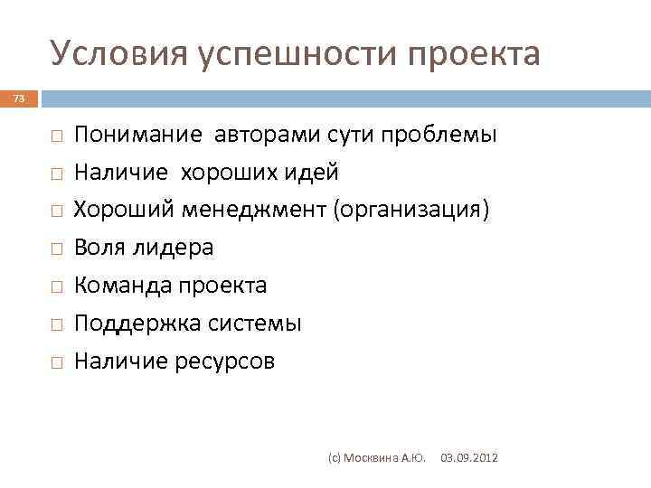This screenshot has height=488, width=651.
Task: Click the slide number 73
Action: [x=19, y=99]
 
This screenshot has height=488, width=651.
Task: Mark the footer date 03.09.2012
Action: [x=468, y=459]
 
